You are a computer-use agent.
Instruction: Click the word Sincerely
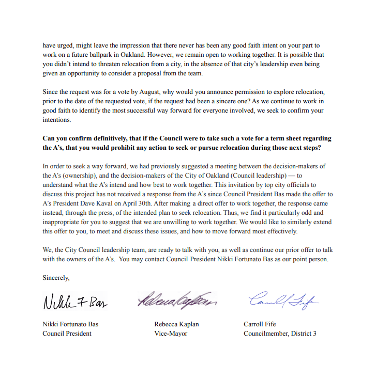click(x=56, y=277)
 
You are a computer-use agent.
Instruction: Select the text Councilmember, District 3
click(x=280, y=334)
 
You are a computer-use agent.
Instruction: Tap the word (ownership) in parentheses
click(x=74, y=175)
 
